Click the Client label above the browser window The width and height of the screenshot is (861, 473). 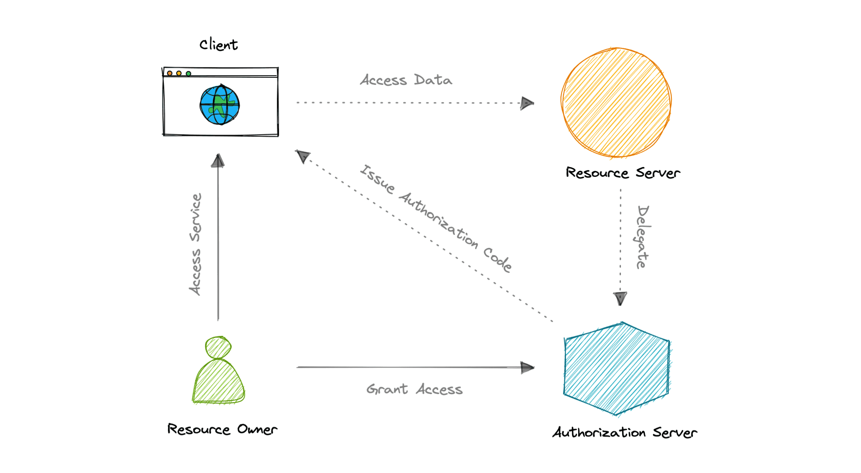pyautogui.click(x=219, y=44)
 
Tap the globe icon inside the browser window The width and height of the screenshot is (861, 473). pyautogui.click(x=220, y=105)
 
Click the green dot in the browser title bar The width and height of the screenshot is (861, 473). pyautogui.click(x=188, y=74)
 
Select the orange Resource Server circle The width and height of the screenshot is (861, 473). pyautogui.click(x=616, y=102)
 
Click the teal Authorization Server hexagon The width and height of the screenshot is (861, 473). pyautogui.click(x=616, y=369)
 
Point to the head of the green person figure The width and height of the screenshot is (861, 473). pyautogui.click(x=218, y=347)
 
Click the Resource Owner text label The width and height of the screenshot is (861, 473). pyautogui.click(x=222, y=429)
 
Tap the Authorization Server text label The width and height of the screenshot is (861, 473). pyautogui.click(x=625, y=432)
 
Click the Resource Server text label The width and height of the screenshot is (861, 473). pyautogui.click(x=623, y=173)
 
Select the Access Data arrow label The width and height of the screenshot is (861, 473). pyautogui.click(x=406, y=80)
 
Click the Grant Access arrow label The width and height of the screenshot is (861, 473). pyautogui.click(x=414, y=389)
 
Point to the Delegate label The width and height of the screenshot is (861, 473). pyautogui.click(x=642, y=237)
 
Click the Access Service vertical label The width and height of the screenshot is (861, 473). pyautogui.click(x=195, y=244)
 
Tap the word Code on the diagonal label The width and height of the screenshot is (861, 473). pyautogui.click(x=497, y=259)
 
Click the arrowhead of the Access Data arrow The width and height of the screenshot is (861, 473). pyautogui.click(x=527, y=103)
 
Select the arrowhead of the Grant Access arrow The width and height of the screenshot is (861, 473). pyautogui.click(x=527, y=368)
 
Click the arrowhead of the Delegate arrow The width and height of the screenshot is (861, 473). pyautogui.click(x=620, y=299)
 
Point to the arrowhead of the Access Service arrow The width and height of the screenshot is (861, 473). pyautogui.click(x=218, y=161)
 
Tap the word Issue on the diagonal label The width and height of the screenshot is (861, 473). pyautogui.click(x=378, y=179)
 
